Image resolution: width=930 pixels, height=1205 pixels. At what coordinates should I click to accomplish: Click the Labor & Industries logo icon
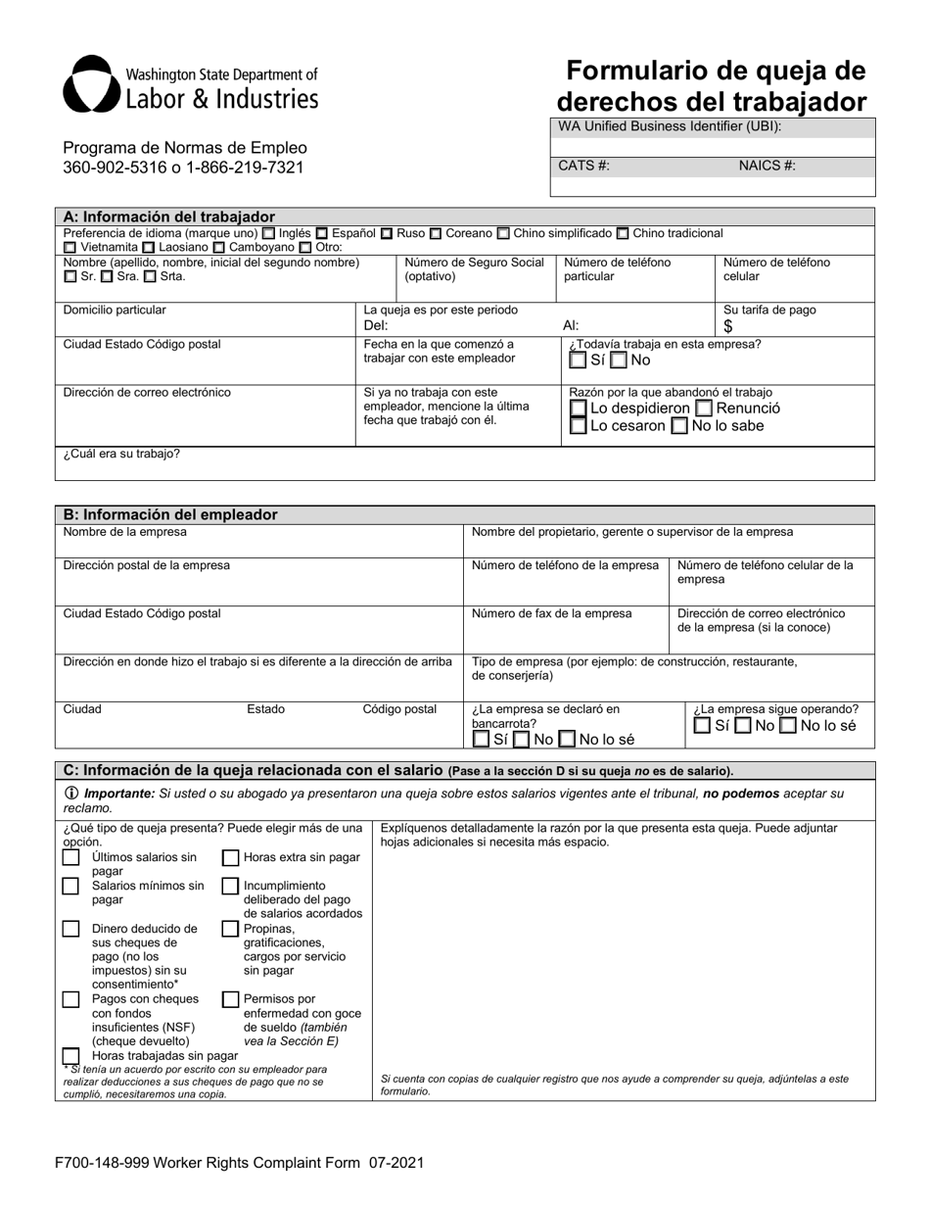pyautogui.click(x=92, y=84)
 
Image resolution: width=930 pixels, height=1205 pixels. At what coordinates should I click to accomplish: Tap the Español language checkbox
pyautogui.click(x=322, y=234)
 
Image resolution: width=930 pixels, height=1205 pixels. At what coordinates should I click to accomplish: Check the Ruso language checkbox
pyautogui.click(x=388, y=234)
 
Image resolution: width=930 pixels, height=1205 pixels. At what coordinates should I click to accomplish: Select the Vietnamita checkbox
pyautogui.click(x=70, y=249)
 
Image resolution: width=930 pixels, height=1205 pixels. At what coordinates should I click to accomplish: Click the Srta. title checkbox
pyautogui.click(x=150, y=277)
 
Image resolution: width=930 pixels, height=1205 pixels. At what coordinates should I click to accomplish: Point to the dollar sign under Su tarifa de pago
pyautogui.click(x=728, y=327)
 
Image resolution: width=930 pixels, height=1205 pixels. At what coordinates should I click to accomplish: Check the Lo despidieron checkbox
pyautogui.click(x=579, y=409)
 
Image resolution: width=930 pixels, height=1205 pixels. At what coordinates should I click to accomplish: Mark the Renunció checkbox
pyautogui.click(x=704, y=409)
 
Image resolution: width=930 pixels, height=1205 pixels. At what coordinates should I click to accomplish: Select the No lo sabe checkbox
pyautogui.click(x=679, y=426)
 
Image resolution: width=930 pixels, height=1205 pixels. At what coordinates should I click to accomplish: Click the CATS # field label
pyautogui.click(x=583, y=166)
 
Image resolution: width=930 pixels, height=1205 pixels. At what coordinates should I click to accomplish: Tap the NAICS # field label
pyautogui.click(x=767, y=166)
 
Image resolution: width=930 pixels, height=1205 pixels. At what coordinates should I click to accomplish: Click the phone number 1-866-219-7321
pyautogui.click(x=248, y=168)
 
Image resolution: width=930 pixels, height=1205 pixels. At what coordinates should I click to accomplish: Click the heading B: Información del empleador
pyautogui.click(x=170, y=514)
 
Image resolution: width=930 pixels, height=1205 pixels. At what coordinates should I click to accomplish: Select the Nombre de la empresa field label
pyautogui.click(x=124, y=532)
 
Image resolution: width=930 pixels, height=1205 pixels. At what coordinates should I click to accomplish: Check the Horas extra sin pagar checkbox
pyautogui.click(x=231, y=858)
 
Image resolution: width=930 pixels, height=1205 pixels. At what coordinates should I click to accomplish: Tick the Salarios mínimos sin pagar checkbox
pyautogui.click(x=70, y=887)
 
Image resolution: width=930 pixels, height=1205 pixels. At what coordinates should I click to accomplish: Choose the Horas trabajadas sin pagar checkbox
pyautogui.click(x=70, y=1056)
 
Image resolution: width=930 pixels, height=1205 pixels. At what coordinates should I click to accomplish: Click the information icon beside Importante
pyautogui.click(x=71, y=794)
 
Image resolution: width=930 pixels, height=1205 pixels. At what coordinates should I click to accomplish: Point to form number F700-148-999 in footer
pyautogui.click(x=111, y=1163)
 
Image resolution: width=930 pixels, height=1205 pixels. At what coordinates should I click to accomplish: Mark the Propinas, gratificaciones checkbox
pyautogui.click(x=231, y=929)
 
